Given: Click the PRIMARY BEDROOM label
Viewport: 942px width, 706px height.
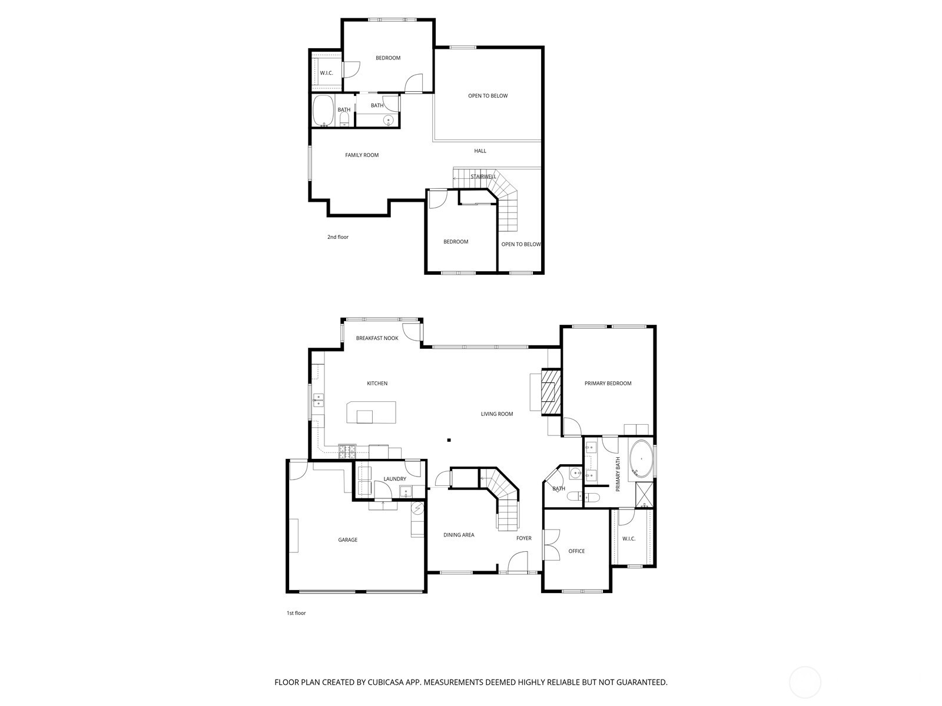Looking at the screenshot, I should (x=608, y=383).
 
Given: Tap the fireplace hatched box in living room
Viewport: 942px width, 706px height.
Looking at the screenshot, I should (x=551, y=392).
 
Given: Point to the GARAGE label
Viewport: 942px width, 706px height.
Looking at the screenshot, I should (x=347, y=540).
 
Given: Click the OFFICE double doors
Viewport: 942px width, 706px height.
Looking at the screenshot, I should (x=551, y=544).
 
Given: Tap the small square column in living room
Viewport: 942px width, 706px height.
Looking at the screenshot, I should (x=449, y=439).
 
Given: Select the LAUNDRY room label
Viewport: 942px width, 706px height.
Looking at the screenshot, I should (x=394, y=479).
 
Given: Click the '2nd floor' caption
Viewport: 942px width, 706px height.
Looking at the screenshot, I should (x=338, y=237).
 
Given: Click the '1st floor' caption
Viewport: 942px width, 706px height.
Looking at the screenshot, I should (x=296, y=613).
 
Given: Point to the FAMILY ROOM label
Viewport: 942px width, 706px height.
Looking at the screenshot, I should (x=361, y=155).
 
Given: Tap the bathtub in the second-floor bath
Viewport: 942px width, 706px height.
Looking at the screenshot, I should (x=323, y=111).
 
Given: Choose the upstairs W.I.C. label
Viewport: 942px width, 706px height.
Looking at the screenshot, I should (x=326, y=73).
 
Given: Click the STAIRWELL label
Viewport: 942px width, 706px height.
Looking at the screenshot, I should (x=483, y=176).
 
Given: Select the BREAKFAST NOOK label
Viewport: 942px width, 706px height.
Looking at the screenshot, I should (x=377, y=338).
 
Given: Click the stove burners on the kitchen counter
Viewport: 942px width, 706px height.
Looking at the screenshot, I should (x=347, y=451).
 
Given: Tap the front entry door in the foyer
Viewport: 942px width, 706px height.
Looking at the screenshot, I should (x=518, y=562).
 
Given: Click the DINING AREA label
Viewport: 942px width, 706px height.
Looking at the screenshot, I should (x=459, y=535).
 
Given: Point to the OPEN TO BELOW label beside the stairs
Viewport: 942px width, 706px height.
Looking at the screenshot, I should (x=520, y=244).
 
